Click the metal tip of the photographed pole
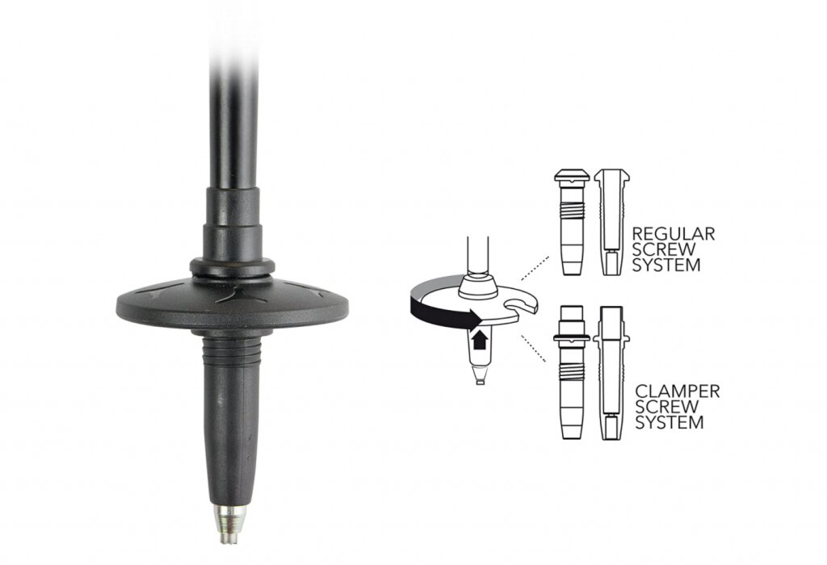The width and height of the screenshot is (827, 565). pos(231,523)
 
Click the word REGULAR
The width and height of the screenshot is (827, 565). pos(674,233)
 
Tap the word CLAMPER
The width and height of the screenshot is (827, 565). pos(678,391)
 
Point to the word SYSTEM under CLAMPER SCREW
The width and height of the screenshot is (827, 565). pos(670,422)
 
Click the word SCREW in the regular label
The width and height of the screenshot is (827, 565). pos(664,249)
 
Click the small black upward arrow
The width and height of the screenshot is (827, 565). pos(479,339)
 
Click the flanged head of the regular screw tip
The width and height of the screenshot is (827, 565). pos(572,176)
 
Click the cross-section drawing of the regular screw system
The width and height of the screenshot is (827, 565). pos(612,222)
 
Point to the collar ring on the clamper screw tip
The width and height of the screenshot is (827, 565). pos(573,337)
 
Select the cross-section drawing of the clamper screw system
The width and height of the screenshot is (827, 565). pos(612,373)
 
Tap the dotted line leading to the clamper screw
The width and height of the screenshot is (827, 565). pos(533,349)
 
